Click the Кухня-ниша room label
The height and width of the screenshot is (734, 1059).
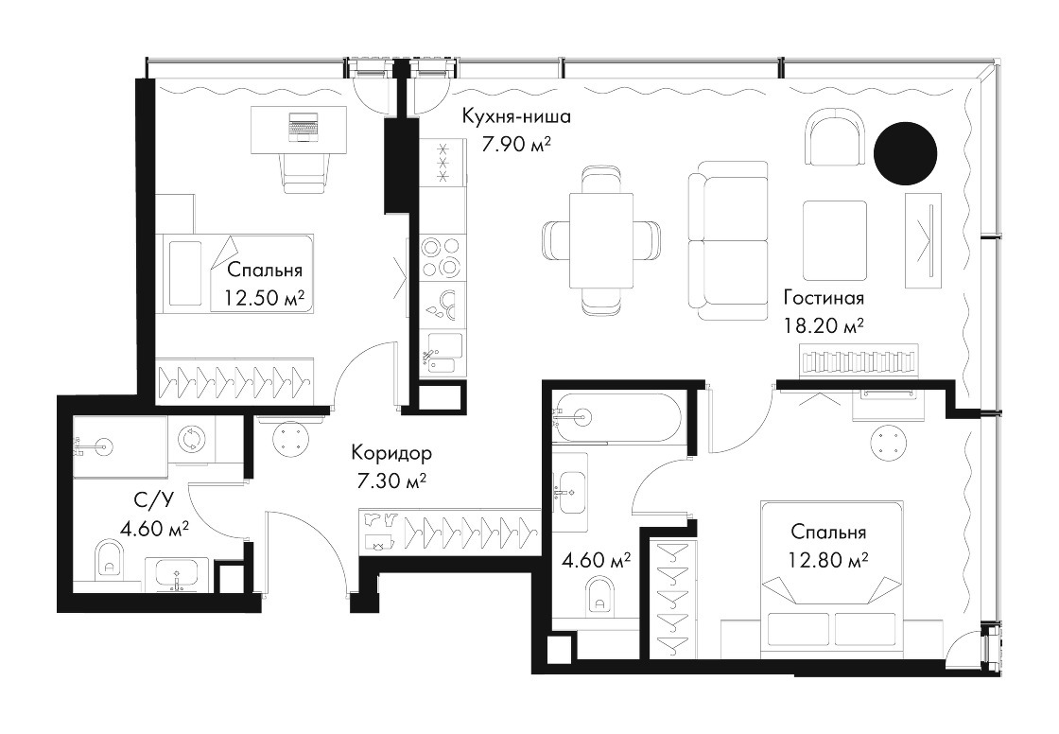[x=516, y=117]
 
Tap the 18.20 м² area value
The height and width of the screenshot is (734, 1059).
[x=824, y=327]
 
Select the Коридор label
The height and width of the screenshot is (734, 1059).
[x=391, y=453]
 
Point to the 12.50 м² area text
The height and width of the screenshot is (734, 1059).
[x=263, y=297]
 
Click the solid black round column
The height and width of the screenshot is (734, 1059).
[x=905, y=153]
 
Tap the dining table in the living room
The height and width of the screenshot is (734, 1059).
[x=601, y=239]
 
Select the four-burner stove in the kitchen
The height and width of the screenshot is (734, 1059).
[x=443, y=257]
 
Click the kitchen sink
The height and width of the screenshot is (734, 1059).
[x=443, y=354]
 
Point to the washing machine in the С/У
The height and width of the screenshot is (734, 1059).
[x=191, y=439]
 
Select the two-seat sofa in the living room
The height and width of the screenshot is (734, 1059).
[x=728, y=240]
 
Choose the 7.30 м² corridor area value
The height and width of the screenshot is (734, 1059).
[x=391, y=481]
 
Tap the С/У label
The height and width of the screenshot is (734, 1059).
[x=154, y=500]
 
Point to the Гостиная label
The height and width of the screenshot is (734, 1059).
[x=824, y=297]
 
